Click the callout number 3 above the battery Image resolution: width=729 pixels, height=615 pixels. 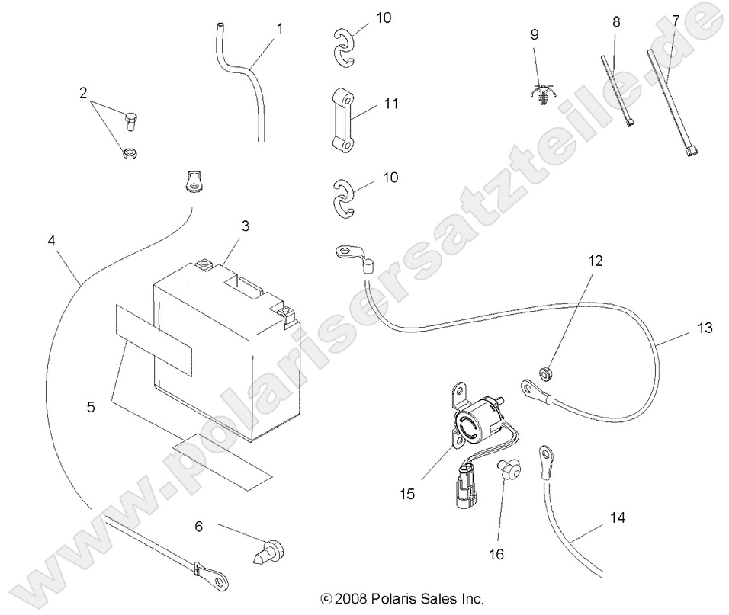coord(245,226)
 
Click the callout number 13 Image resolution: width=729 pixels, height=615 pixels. coord(704,328)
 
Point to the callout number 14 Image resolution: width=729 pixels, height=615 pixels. coord(617,518)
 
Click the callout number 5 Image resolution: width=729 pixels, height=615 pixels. coord(91,407)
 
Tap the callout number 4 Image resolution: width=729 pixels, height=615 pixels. coord(51,240)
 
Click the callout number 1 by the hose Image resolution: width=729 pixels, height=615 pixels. coord(279,29)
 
